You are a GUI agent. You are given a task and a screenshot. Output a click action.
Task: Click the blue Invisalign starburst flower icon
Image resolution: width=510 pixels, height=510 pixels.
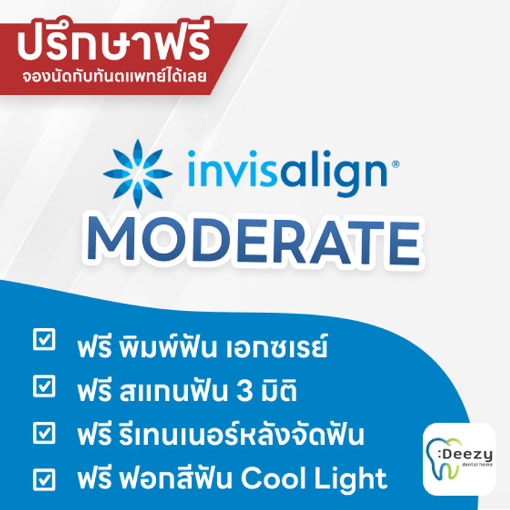pyautogui.click(x=137, y=173)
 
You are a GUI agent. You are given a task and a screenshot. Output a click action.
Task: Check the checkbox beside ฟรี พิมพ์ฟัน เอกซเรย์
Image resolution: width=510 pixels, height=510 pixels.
pyautogui.click(x=44, y=341)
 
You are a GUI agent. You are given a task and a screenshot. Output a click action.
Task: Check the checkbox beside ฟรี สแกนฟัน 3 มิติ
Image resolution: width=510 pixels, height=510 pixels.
pyautogui.click(x=44, y=386)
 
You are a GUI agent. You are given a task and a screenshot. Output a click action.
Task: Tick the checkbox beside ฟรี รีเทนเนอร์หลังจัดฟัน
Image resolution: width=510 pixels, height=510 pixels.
pyautogui.click(x=44, y=432)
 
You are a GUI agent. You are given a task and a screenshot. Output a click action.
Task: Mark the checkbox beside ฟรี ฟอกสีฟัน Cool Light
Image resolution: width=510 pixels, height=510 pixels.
pyautogui.click(x=44, y=479)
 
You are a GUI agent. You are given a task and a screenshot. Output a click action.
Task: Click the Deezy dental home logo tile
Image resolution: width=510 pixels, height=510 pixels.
pyautogui.click(x=459, y=459)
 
